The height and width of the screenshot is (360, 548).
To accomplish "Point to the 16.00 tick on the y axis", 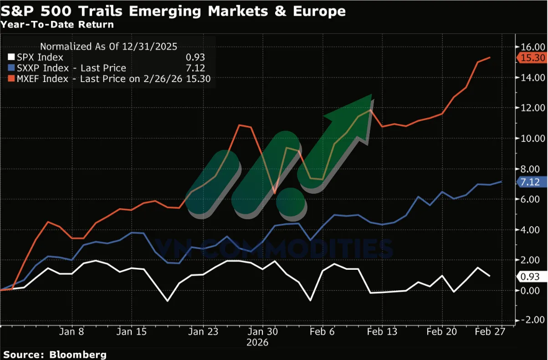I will [532, 47].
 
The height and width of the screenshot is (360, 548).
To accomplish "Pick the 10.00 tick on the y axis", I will [532, 138].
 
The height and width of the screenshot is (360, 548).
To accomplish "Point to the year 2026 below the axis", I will [258, 342].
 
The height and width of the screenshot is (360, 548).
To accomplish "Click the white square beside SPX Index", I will [11, 57].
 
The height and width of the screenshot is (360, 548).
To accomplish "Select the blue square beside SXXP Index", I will [11, 68].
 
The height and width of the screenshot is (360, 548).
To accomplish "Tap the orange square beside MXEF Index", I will [11, 79].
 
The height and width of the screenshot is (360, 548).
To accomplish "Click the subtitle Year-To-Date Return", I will [57, 25].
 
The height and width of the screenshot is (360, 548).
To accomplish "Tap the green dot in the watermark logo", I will [292, 202].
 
